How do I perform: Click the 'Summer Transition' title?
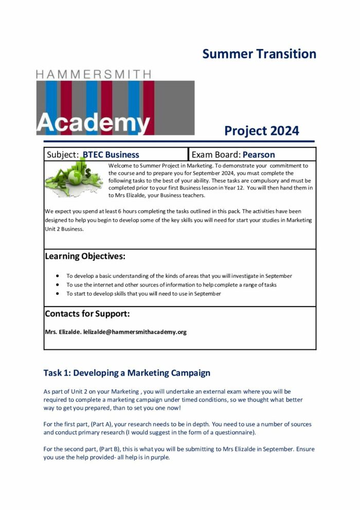point(259,54)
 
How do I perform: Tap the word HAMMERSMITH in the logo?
point(94,74)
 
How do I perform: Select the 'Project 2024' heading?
point(261,131)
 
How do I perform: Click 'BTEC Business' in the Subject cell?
point(111,154)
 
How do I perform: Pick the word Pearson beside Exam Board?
point(259,154)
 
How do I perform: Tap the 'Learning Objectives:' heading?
point(85,256)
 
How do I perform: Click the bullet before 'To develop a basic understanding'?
point(58,276)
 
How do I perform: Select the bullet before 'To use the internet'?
point(58,285)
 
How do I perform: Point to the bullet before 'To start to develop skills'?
point(58,293)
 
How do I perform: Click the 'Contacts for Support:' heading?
point(87,313)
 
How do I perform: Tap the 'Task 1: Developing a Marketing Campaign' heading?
point(127,373)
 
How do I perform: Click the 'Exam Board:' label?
point(216,154)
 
